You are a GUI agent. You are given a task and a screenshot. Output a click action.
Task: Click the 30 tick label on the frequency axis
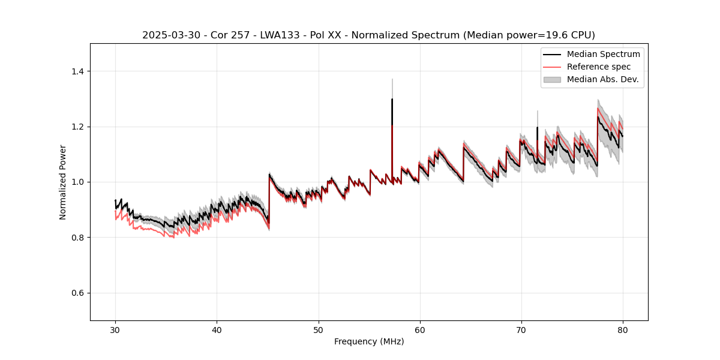pyautogui.click(x=115, y=329)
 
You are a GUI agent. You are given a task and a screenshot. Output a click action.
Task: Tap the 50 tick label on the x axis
pyautogui.click(x=318, y=329)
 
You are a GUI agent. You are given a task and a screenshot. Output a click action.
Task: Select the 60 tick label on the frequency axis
pyautogui.click(x=419, y=329)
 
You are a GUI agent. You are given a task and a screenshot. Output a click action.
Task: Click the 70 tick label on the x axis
pyautogui.click(x=521, y=329)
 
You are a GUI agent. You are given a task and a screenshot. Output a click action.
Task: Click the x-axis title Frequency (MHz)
pyautogui.click(x=369, y=341)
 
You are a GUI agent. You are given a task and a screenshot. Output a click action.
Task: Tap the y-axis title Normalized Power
pyautogui.click(x=63, y=182)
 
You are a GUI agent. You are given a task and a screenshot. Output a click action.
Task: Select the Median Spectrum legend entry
pyautogui.click(x=603, y=54)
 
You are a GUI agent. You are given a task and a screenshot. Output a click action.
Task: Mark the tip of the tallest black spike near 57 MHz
pyautogui.click(x=392, y=99)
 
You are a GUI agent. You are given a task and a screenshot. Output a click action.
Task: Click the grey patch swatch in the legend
pyautogui.click(x=552, y=79)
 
